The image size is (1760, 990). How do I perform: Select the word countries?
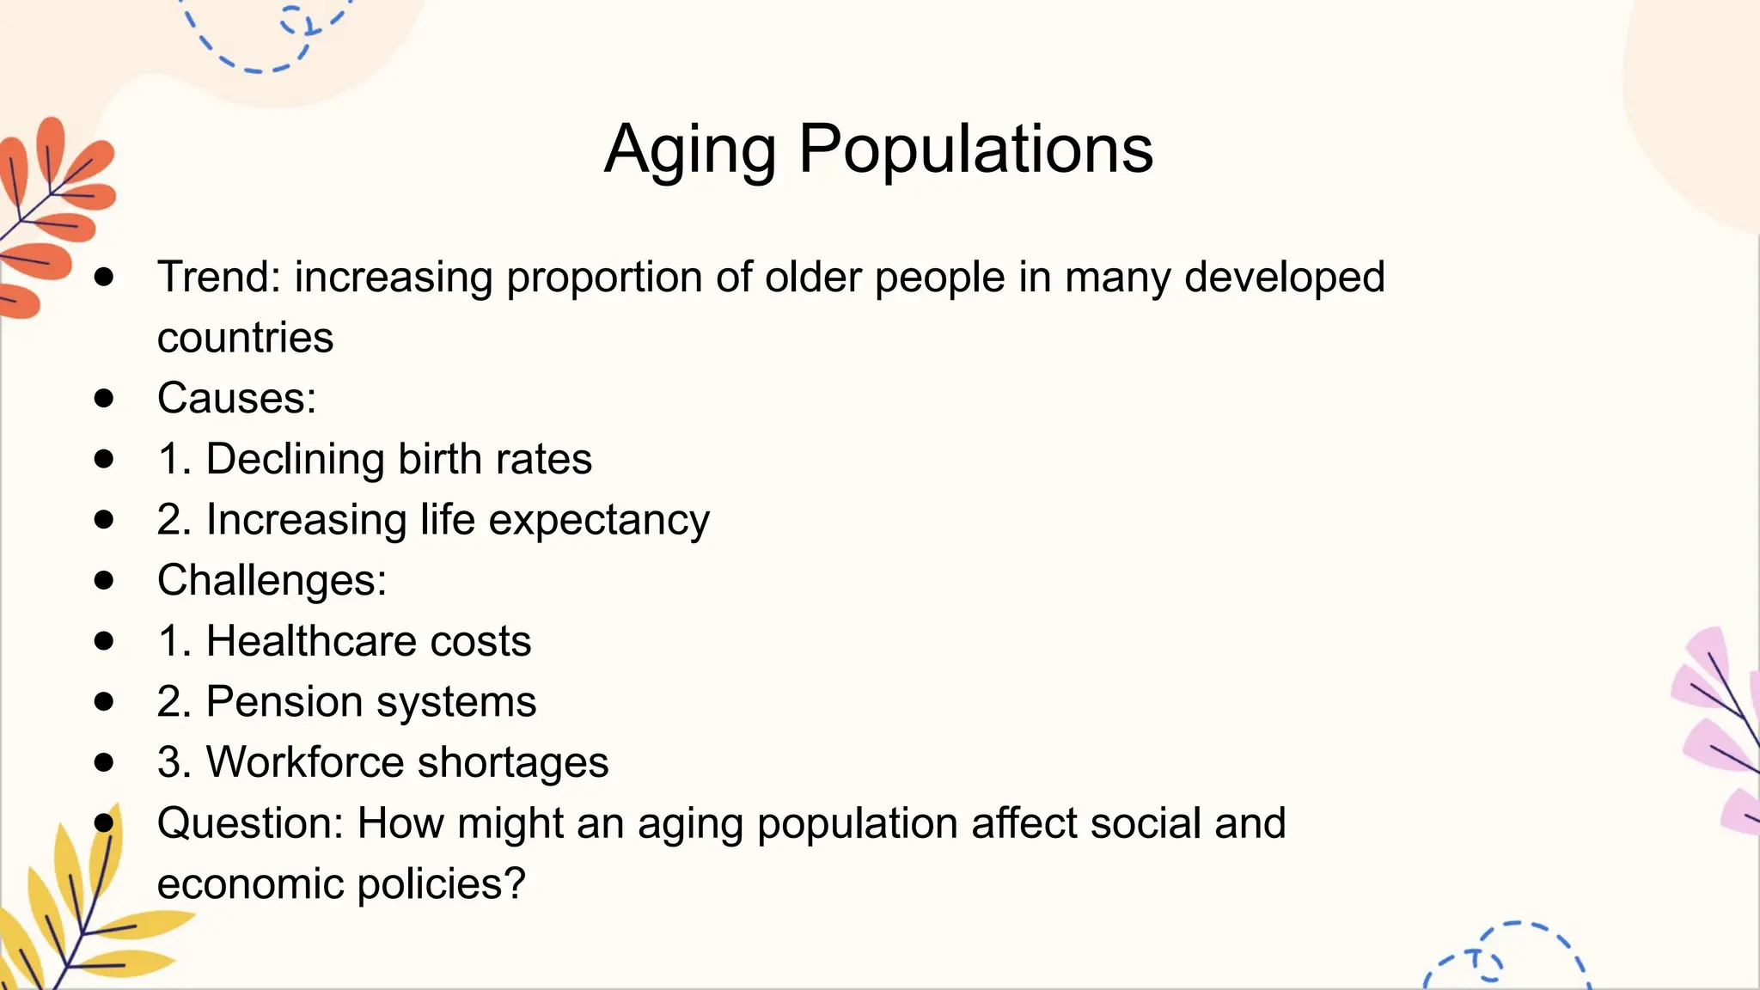pos(245,338)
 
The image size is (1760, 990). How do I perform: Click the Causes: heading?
pos(236,399)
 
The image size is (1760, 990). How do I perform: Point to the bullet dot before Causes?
pos(104,398)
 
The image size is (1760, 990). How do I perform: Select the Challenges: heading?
pos(272,581)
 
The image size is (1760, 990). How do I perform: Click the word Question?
pos(250,824)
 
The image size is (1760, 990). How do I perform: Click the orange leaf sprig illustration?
pos(52,215)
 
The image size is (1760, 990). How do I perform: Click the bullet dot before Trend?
pos(104,277)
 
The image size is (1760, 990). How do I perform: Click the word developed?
pos(1284,278)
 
